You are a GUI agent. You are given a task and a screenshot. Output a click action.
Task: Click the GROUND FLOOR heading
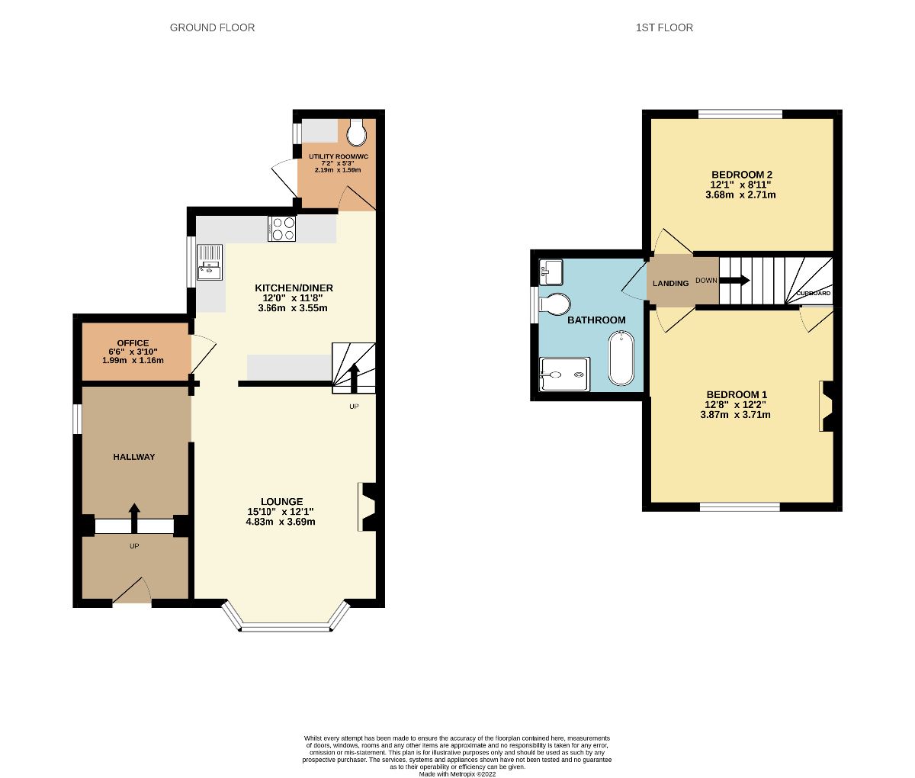point(212,27)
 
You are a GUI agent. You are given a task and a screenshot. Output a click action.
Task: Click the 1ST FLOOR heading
point(664,27)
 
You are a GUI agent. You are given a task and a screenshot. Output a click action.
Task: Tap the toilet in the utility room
point(356,134)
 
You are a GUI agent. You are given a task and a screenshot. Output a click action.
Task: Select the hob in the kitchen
point(282,230)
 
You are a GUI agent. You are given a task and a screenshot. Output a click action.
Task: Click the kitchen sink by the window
point(209,262)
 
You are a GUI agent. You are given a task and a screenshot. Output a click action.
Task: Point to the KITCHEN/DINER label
point(294,288)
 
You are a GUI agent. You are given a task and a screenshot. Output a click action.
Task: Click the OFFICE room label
point(133,342)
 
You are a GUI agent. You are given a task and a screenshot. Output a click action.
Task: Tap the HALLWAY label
point(133,457)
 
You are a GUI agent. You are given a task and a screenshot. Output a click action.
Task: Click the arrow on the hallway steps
point(134,518)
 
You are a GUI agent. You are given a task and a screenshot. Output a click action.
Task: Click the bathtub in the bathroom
point(621,358)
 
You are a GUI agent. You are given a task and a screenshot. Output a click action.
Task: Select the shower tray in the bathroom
point(564,375)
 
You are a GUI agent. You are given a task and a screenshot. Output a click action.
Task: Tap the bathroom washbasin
point(551,271)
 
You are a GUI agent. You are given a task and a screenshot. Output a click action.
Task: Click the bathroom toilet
point(554,304)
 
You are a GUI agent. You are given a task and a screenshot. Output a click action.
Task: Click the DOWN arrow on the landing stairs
point(734,280)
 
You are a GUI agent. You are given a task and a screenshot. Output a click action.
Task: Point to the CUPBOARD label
point(813,293)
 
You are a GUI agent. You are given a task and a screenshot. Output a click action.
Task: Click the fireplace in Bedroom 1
point(827,407)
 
